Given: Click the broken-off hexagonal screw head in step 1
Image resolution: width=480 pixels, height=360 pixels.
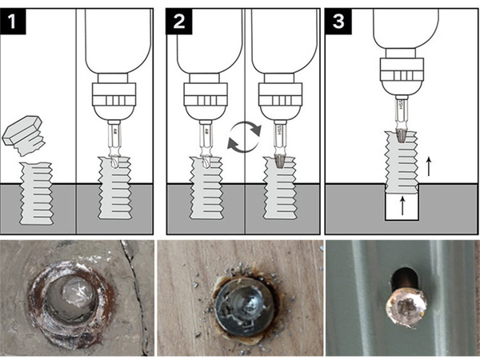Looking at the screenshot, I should (26, 132).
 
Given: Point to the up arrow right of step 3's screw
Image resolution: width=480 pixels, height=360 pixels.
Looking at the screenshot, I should (430, 166).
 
